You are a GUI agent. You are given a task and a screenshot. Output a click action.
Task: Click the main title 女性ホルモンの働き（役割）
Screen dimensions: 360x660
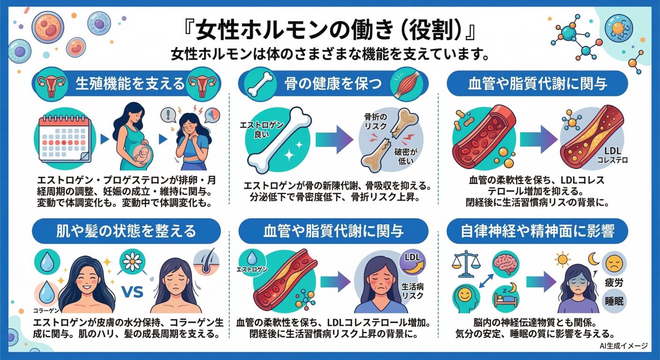(330, 31)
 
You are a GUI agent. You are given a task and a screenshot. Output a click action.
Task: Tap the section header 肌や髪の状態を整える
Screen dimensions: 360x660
(126, 231)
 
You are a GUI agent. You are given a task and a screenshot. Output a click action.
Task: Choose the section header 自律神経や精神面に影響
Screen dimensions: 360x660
(537, 231)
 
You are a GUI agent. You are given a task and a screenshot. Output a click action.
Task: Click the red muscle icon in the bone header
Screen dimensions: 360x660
(407, 83)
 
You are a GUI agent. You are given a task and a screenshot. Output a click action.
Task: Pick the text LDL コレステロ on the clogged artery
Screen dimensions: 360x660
(612, 155)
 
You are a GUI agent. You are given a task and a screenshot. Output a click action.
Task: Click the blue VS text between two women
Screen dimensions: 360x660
(132, 291)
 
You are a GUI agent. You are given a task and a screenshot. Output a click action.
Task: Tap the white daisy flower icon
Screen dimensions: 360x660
(132, 262)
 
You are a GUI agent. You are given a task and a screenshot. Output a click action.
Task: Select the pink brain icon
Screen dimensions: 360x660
(505, 264)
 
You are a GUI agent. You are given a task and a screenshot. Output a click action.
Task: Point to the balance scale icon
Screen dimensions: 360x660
(466, 264)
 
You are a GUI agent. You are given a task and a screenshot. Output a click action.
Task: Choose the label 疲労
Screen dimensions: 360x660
(614, 283)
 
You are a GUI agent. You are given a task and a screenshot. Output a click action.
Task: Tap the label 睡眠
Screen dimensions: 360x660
(614, 301)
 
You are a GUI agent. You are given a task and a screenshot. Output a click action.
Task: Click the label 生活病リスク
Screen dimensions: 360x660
(412, 291)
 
